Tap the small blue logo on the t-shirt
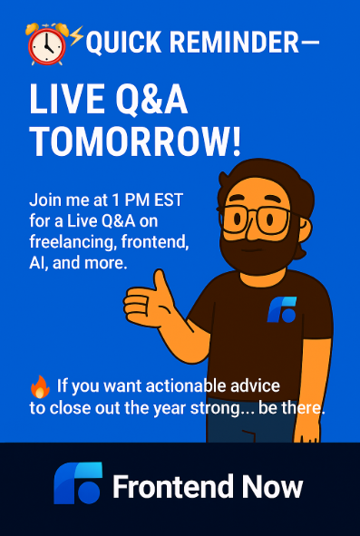point(281,310)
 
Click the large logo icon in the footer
point(77,486)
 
